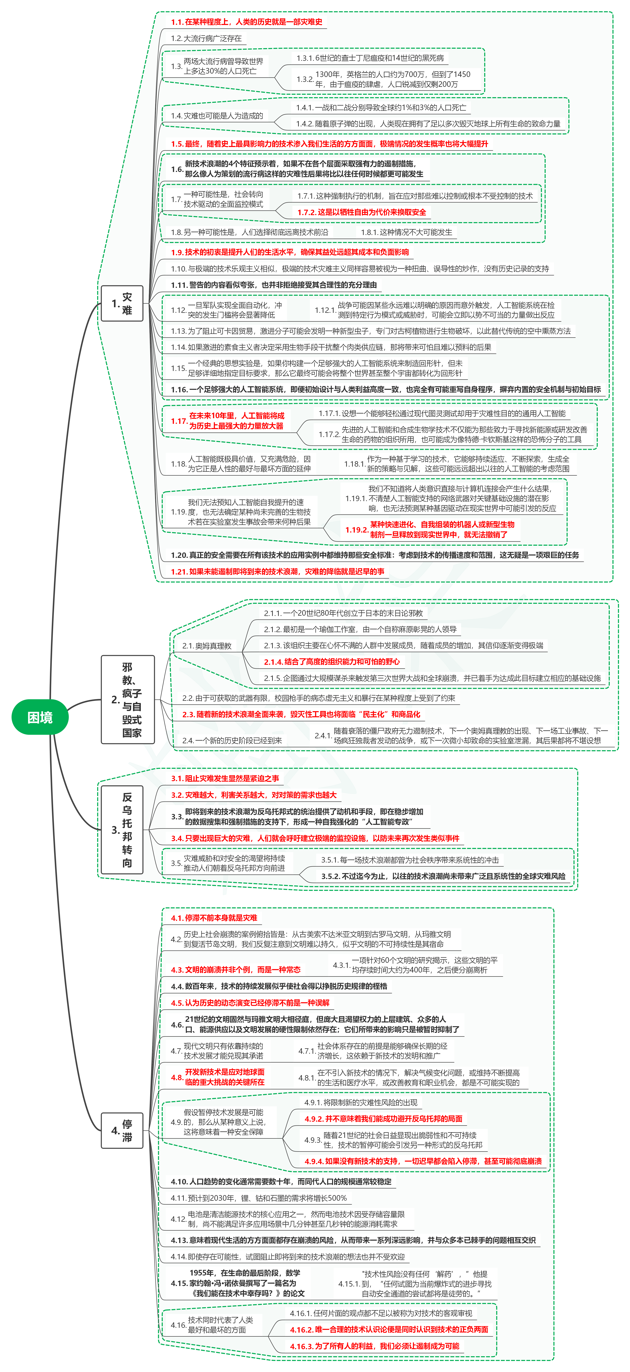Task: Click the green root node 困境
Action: click(x=40, y=717)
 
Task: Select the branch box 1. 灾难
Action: click(x=122, y=303)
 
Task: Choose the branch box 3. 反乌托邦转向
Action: click(x=122, y=829)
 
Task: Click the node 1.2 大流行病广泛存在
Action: click(x=206, y=38)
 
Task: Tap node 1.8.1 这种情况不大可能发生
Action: click(x=406, y=232)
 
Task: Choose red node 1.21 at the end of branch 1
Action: click(x=277, y=571)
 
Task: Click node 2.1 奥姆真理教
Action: click(x=207, y=646)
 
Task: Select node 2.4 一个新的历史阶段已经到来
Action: click(x=232, y=740)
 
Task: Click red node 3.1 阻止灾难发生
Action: click(x=225, y=778)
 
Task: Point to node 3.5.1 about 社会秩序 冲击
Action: click(x=410, y=860)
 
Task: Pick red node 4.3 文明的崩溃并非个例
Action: click(x=235, y=969)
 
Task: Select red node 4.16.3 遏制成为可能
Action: click(x=374, y=1346)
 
